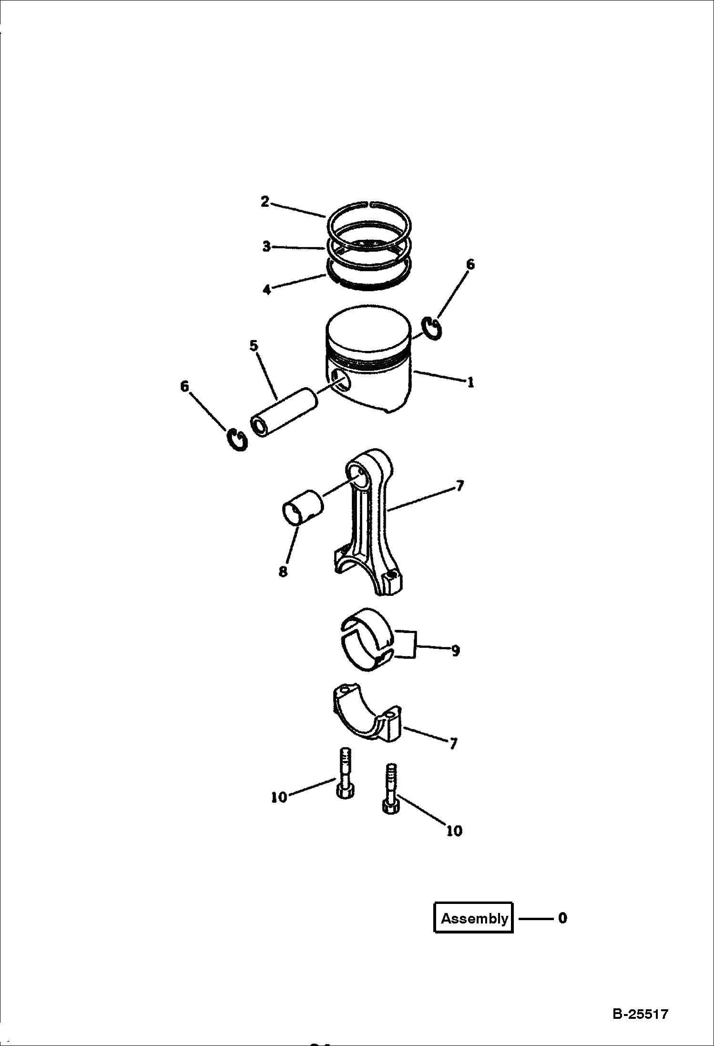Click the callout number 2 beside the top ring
click(x=265, y=202)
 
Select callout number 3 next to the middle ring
click(x=266, y=246)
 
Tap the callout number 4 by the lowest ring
click(x=267, y=289)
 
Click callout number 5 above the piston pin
click(x=254, y=346)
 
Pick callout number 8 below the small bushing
click(x=283, y=572)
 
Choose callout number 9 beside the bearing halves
click(x=455, y=650)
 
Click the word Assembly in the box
click(x=474, y=918)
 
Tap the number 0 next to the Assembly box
click(x=562, y=918)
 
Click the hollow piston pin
click(x=285, y=412)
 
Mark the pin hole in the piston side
click(x=341, y=380)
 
